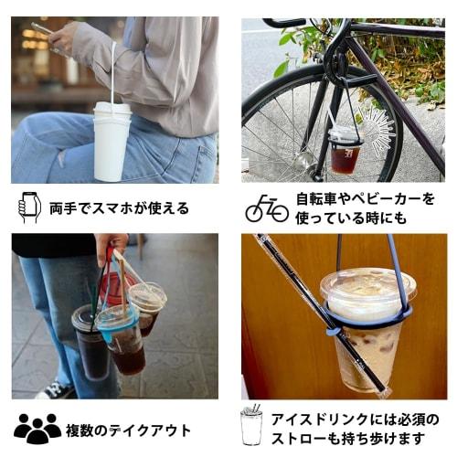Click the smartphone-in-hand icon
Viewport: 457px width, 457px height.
point(29,207)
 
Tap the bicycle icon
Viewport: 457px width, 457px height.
point(266,208)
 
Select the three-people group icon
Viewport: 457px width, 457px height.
point(37,427)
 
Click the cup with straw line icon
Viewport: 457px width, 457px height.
point(251,425)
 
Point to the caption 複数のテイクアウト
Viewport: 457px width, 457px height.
point(128,430)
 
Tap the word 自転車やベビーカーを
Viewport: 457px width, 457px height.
point(365,198)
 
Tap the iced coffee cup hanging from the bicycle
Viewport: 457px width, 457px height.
point(345,153)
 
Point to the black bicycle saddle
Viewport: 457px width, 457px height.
point(284,22)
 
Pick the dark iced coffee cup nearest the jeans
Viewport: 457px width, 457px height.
point(90,343)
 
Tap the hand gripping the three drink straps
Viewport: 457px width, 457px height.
point(109,245)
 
